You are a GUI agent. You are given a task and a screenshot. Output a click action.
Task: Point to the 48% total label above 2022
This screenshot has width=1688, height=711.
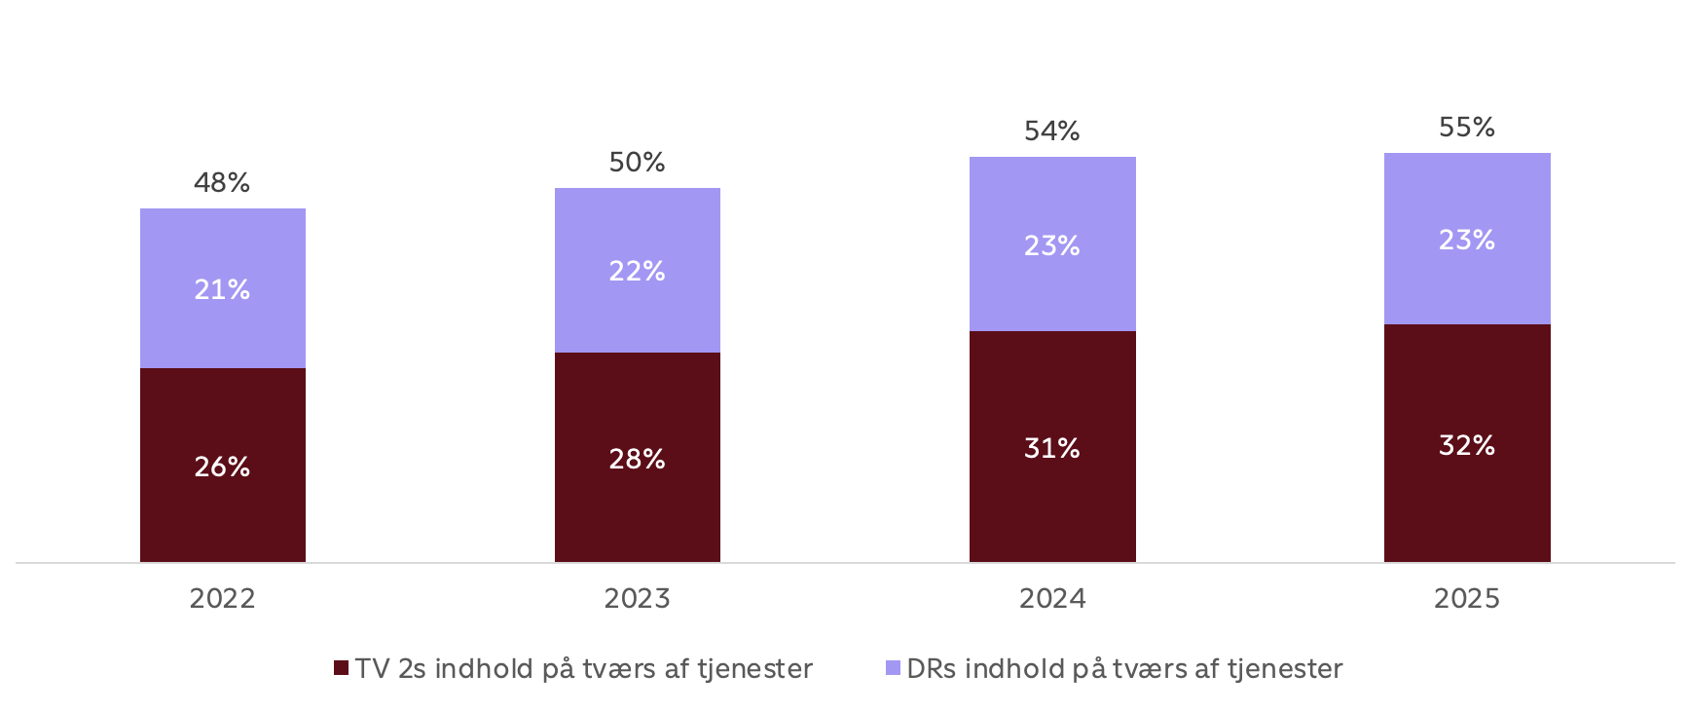coord(222,182)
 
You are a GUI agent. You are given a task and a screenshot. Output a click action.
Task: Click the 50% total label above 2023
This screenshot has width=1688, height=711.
coord(637,162)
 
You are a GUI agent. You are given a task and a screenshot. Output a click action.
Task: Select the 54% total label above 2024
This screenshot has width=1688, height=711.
coord(1052,131)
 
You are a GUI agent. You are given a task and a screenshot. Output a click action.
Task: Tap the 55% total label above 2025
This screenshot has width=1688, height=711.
coord(1467,127)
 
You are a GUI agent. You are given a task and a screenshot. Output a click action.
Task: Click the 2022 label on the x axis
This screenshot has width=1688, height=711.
coord(222,598)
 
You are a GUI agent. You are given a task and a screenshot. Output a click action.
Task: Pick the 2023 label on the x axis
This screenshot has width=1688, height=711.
coord(637,598)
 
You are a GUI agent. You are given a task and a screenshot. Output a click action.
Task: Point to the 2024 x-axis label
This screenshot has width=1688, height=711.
coord(1052,598)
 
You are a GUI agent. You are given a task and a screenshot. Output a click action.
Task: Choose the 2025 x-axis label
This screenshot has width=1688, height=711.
coord(1467,598)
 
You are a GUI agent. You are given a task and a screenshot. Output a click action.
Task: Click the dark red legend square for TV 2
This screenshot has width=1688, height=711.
coord(341,668)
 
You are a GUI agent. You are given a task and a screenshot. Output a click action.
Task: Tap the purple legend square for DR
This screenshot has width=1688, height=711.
coord(893,668)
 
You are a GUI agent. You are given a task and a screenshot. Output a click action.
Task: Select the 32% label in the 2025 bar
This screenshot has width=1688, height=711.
coord(1467,445)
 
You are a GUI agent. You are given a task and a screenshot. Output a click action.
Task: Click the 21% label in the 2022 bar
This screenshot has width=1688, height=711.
coord(222,289)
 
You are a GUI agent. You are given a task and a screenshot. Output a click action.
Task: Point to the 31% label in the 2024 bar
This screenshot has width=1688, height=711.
coord(1052,448)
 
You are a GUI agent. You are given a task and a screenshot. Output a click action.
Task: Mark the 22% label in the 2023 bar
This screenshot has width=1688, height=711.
coord(637,271)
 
